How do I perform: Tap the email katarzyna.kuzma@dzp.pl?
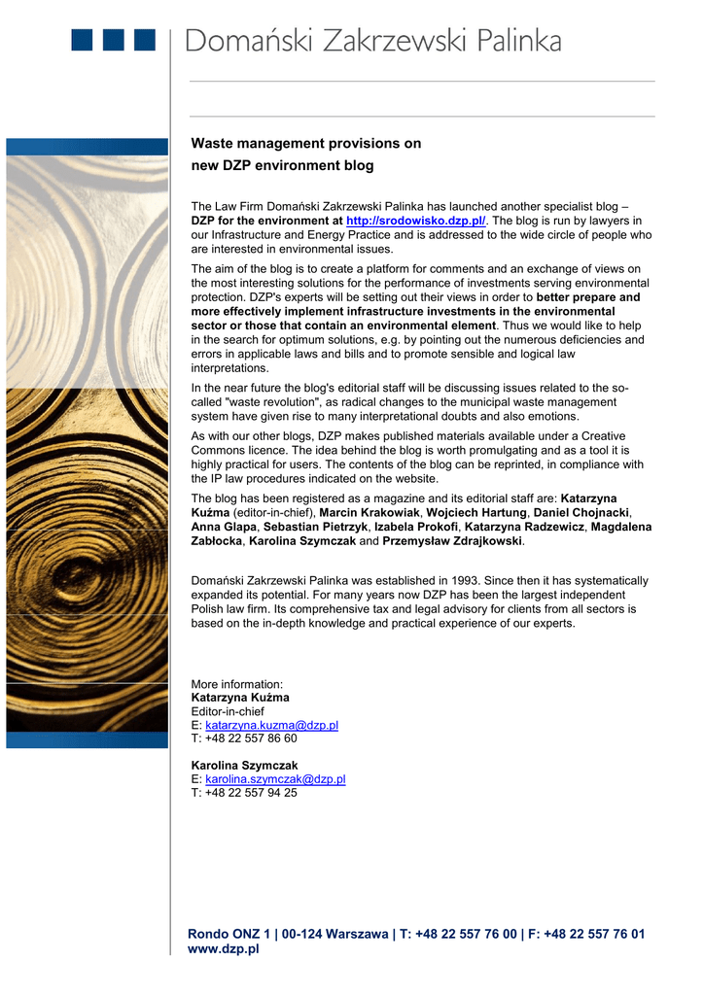tap(271, 725)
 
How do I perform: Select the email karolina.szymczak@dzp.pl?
tap(275, 779)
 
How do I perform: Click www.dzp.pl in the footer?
tap(223, 949)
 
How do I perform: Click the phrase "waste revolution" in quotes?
tap(271, 402)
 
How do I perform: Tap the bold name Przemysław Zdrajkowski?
tap(452, 540)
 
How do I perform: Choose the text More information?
tap(237, 684)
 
